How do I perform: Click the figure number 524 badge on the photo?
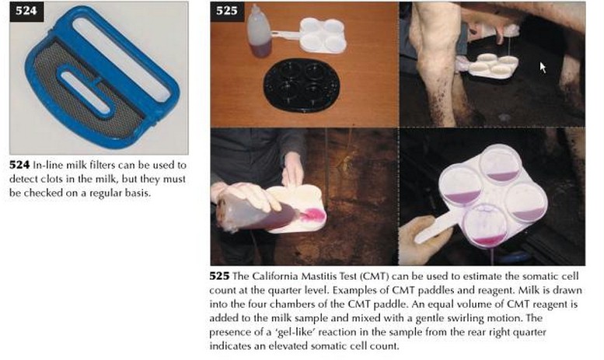[x=26, y=11]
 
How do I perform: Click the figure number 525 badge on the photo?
[x=227, y=11]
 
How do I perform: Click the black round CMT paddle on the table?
[x=302, y=85]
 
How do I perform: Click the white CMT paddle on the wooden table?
[x=316, y=36]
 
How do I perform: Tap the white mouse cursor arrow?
[x=543, y=68]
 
